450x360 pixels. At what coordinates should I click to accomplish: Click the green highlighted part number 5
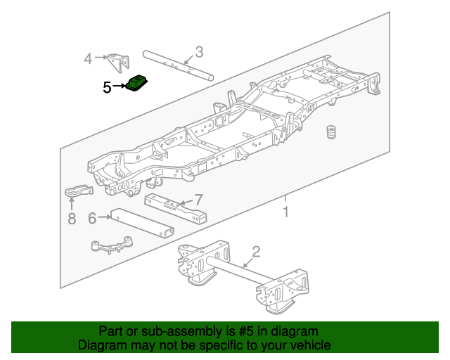[137, 84]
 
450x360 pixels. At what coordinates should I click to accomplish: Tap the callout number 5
[107, 87]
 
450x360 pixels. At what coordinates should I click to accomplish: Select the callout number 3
[199, 51]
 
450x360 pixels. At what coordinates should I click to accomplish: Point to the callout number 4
[88, 58]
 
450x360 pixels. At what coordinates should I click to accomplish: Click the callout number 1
[285, 212]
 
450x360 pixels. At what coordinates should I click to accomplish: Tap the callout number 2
[256, 252]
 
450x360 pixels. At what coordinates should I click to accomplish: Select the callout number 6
[92, 218]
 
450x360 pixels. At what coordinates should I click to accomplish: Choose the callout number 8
[71, 219]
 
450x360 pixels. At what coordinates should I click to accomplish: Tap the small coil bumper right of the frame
[329, 133]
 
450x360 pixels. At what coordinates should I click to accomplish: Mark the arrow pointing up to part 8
[71, 205]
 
